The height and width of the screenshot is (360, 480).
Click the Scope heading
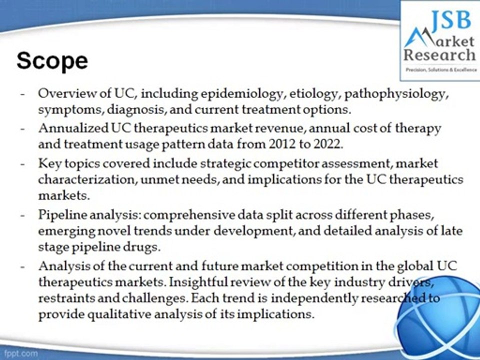tap(52, 61)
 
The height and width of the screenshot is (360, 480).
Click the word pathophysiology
tap(394, 94)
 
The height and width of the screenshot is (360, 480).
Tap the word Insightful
tap(202, 282)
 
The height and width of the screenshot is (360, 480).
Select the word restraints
tap(63, 298)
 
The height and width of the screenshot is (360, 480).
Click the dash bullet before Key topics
tap(23, 164)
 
